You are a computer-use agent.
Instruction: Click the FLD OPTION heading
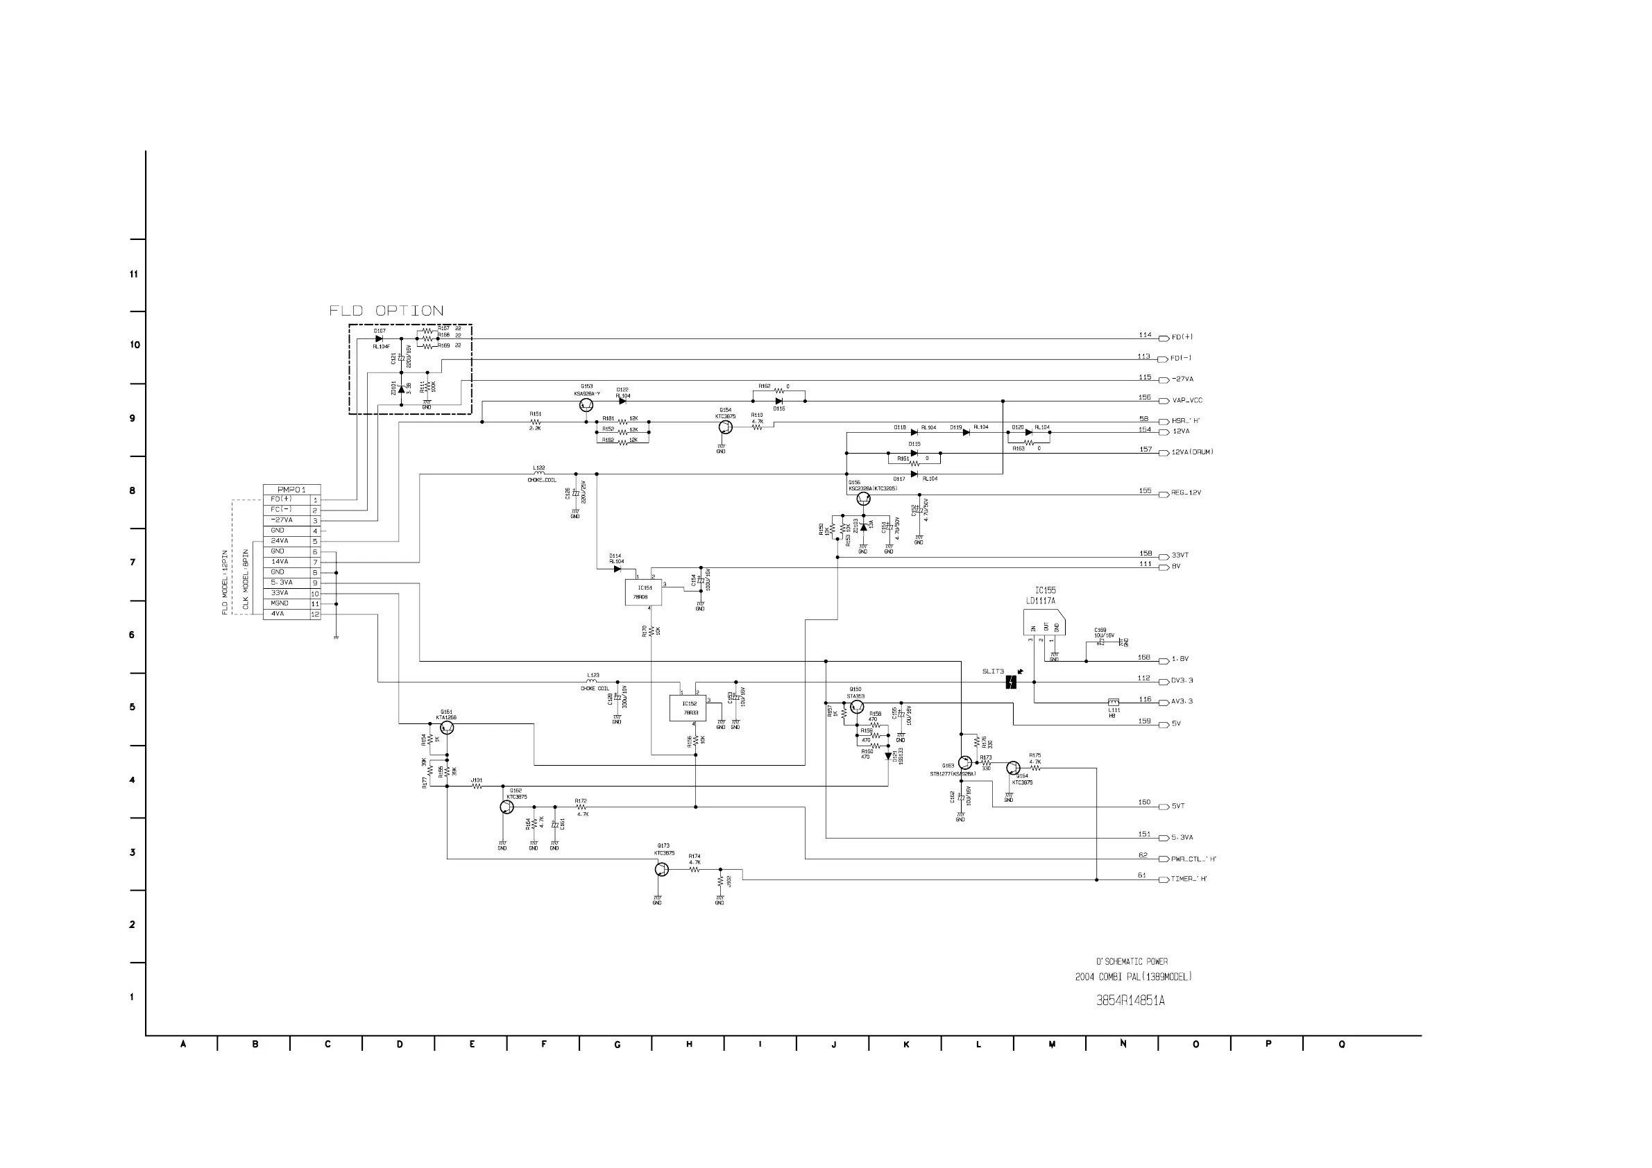point(386,311)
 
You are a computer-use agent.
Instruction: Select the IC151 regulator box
point(643,592)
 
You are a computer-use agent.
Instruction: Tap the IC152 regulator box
point(688,707)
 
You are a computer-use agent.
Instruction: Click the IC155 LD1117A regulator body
point(1044,623)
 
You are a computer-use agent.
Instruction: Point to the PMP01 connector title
point(291,490)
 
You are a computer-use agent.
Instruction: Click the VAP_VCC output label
point(1186,401)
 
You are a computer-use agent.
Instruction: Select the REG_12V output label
point(1186,493)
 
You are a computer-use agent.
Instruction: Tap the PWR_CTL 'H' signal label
point(1193,859)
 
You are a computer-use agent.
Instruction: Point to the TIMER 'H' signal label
point(1189,879)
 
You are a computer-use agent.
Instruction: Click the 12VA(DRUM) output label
point(1192,452)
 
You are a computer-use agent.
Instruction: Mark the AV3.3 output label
point(1182,702)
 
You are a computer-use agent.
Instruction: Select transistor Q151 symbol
point(447,728)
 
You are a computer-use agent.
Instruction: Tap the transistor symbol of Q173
point(661,870)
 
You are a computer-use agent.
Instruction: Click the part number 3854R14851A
point(1130,1000)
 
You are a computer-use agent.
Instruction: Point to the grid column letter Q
point(1341,1045)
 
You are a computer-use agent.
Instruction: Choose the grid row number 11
point(134,275)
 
